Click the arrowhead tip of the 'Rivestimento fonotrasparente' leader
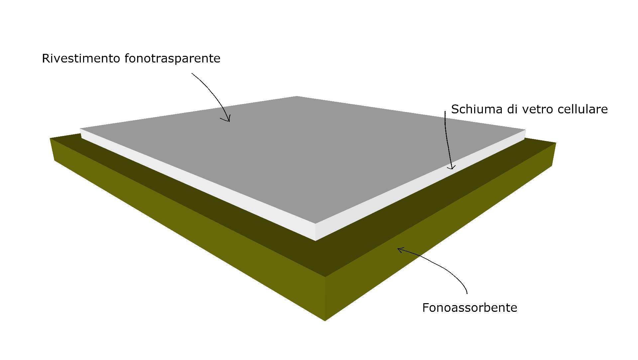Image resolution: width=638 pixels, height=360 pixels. [229, 121]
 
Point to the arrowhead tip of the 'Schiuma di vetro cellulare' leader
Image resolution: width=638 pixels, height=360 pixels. [452, 169]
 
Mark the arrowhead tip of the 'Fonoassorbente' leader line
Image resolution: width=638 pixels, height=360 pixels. [398, 248]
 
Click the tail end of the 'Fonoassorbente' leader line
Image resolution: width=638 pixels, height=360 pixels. [467, 294]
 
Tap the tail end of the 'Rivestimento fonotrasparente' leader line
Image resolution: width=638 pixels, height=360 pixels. [192, 73]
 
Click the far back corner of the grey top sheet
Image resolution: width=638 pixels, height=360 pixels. [297, 96]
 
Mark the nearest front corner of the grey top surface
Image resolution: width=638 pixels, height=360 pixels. [315, 223]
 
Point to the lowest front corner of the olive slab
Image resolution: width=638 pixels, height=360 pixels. [325, 321]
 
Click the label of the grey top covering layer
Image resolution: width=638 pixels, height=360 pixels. [131, 58]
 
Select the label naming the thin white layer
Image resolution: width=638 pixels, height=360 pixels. [529, 109]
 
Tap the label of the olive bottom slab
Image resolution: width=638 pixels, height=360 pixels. [470, 307]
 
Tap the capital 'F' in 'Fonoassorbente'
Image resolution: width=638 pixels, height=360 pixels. [426, 307]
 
